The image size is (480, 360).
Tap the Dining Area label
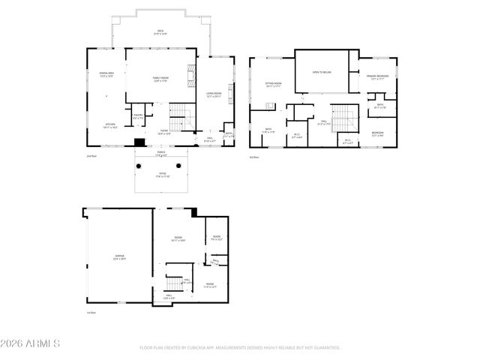[x=106, y=74]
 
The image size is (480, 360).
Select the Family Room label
[x=160, y=79]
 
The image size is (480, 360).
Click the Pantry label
[x=138, y=117]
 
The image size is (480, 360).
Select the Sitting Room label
[x=273, y=84]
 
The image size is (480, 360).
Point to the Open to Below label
[x=322, y=73]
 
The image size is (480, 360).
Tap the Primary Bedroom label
[x=376, y=77]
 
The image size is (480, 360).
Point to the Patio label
[x=160, y=176]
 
